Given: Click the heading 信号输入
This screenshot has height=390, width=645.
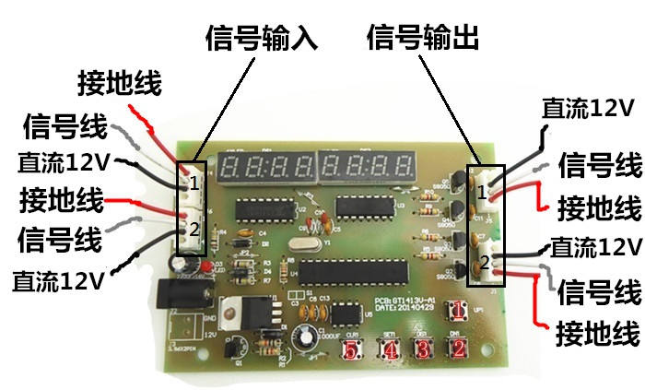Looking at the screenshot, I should click(260, 39).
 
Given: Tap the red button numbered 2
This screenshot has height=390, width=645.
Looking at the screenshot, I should click(455, 349).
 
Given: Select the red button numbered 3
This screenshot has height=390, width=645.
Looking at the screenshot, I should click(423, 350).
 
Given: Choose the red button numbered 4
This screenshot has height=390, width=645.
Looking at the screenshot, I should click(390, 350).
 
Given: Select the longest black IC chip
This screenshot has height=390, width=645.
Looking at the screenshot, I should click(350, 273).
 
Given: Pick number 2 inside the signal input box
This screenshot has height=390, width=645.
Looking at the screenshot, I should click(193, 229).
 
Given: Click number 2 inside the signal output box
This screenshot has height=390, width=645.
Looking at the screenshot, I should click(484, 263).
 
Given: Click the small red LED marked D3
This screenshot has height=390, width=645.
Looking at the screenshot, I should click(209, 266).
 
